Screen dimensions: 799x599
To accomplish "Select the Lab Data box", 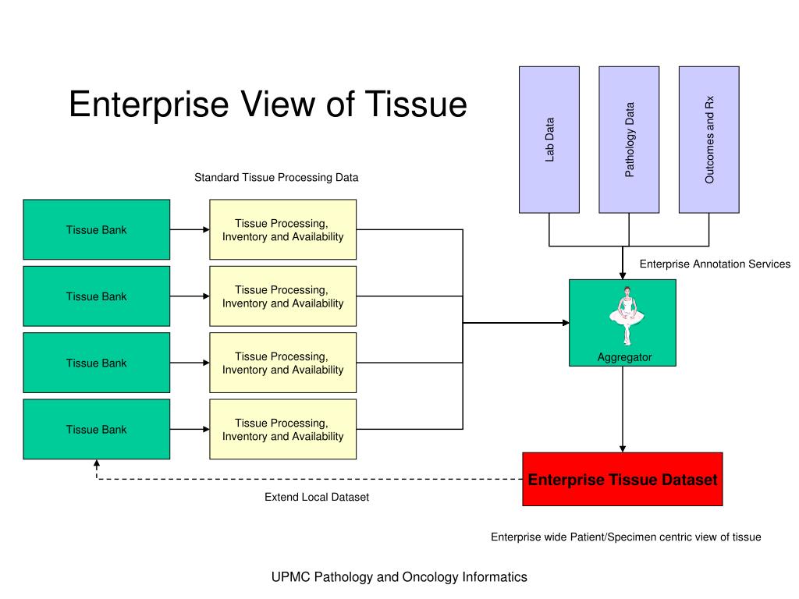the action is coord(549,140).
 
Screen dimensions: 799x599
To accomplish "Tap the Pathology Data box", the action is coord(629,140).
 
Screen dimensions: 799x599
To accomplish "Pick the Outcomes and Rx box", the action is coord(708,140).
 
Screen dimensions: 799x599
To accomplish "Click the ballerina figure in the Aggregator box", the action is coord(627,316).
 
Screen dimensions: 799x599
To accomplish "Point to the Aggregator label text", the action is coord(624,357).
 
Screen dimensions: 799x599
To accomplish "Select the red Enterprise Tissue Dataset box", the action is coord(622,479).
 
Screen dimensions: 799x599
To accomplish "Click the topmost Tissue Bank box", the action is coord(96,229).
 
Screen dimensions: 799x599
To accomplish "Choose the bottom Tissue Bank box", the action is coord(96,429).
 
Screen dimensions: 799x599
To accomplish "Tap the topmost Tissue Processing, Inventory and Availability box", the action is coord(282,229).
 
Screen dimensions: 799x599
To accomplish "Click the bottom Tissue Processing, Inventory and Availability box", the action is coord(282,429).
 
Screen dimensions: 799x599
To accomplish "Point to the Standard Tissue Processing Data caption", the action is coord(276,177).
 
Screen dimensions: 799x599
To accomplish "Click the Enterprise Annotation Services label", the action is coord(715,264).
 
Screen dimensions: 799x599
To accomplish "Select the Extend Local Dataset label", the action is coord(317,497).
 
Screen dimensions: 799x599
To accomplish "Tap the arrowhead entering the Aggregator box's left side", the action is coord(566,322).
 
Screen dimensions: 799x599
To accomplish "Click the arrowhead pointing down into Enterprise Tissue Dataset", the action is coord(622,448).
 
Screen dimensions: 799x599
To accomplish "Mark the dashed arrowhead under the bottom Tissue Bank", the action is coord(96,463).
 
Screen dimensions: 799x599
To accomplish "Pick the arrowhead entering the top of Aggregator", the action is coord(622,275).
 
